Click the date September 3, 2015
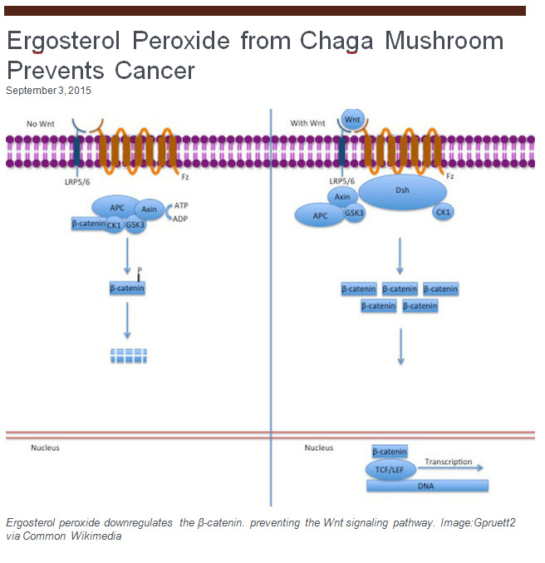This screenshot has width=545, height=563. pyautogui.click(x=48, y=90)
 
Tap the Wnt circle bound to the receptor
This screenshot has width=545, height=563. pyautogui.click(x=353, y=120)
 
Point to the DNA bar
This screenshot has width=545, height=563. pyautogui.click(x=427, y=485)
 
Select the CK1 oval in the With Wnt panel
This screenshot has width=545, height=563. pyautogui.click(x=444, y=212)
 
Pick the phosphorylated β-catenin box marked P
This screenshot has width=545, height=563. pyautogui.click(x=128, y=289)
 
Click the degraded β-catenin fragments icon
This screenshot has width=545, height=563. pyautogui.click(x=129, y=356)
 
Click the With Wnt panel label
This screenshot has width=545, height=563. pyautogui.click(x=307, y=124)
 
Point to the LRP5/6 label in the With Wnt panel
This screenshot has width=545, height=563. pyautogui.click(x=342, y=180)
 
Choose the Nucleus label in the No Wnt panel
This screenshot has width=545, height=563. pyautogui.click(x=46, y=448)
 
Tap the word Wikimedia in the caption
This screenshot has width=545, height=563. pyautogui.click(x=94, y=536)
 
